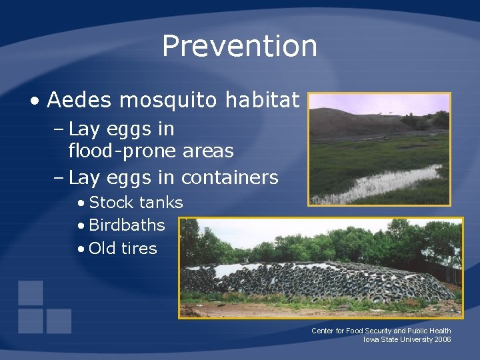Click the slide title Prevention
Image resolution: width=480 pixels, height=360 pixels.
coord(239,46)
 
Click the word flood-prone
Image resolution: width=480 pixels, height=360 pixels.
coord(123,151)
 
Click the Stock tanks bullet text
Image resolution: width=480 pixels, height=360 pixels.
coord(135,203)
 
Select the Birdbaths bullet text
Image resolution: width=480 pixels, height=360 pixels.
coord(127,225)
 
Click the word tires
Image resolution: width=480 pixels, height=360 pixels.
coord(139,249)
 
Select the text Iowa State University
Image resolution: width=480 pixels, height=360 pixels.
coord(394,340)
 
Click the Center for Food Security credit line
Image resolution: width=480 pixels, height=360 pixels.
coord(381,331)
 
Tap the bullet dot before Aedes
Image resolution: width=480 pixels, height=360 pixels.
coord(34,101)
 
